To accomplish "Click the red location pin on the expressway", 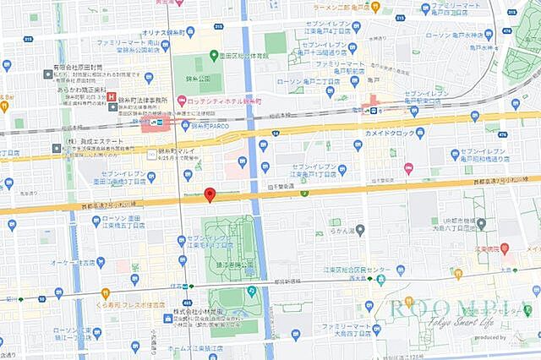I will coord(210,194).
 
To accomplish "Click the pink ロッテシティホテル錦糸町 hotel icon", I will coord(181,101).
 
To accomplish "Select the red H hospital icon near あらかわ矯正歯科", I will coord(112,96).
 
